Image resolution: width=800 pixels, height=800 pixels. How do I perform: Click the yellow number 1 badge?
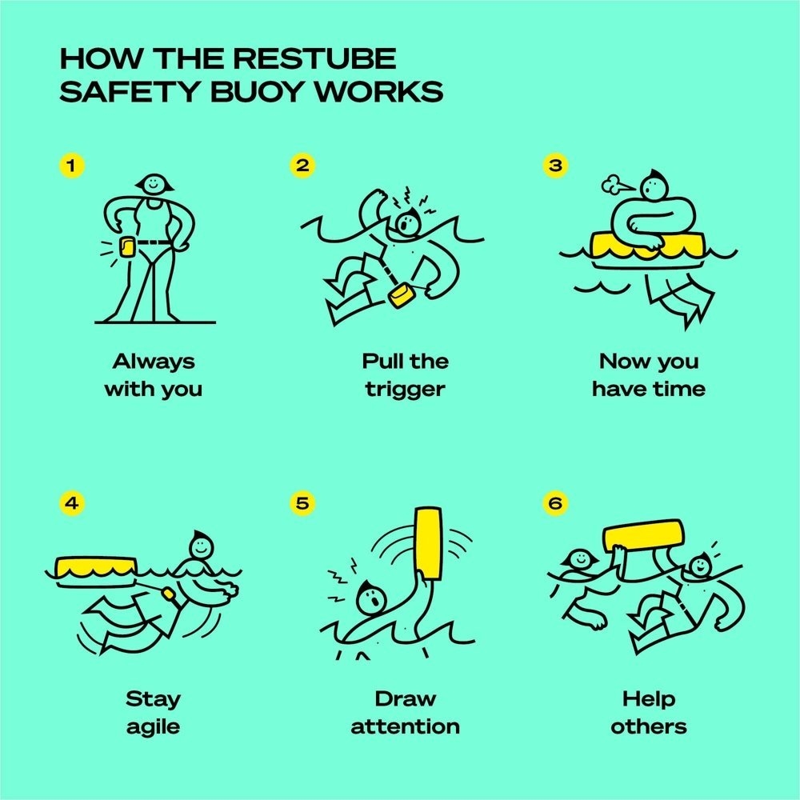[x=72, y=166]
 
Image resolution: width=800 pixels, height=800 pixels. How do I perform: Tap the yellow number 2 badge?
[x=302, y=166]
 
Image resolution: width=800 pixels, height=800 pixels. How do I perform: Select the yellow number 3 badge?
[x=554, y=166]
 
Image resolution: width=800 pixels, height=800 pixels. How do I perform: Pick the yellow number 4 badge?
[x=72, y=504]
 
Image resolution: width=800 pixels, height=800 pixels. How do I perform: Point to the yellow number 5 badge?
[x=302, y=504]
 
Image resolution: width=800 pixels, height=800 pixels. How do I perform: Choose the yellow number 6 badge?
[x=554, y=504]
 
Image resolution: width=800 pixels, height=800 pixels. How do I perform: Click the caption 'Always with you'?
[x=153, y=375]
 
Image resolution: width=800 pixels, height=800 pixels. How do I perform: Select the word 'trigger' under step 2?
[x=405, y=390]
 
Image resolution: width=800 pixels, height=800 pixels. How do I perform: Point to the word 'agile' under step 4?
[x=153, y=727]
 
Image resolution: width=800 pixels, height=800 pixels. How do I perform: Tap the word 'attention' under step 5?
[x=405, y=727]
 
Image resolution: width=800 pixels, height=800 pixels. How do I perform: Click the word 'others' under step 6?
[x=649, y=727]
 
